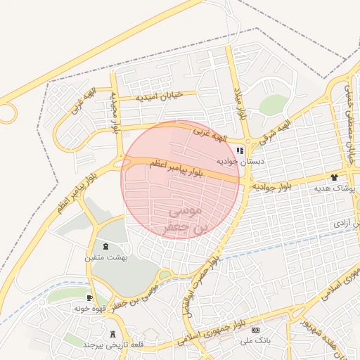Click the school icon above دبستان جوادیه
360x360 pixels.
point(240,150)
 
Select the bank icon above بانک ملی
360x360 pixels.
point(255,330)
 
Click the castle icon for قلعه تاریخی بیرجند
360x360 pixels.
point(113,335)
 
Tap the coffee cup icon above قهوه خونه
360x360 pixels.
point(89,297)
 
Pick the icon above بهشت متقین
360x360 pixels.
point(105,247)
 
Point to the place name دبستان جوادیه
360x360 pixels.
point(240,162)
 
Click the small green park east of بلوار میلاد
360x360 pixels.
point(273,105)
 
